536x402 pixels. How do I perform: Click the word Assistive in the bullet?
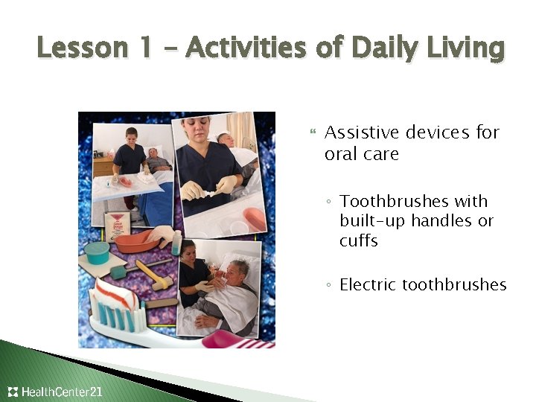(x=363, y=133)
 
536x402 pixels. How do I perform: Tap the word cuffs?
(x=359, y=241)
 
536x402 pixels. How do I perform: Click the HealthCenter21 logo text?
(x=62, y=392)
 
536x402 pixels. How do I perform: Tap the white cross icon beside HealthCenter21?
(x=13, y=392)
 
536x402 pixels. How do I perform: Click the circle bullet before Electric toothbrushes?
(x=328, y=286)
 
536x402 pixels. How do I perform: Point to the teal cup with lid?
(x=96, y=253)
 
